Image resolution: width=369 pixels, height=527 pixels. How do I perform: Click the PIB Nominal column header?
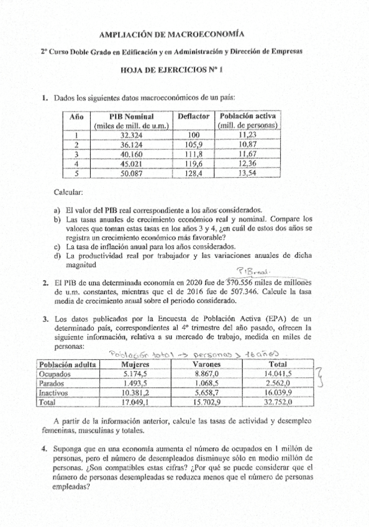131,116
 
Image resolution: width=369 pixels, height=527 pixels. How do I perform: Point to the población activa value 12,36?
252,164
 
